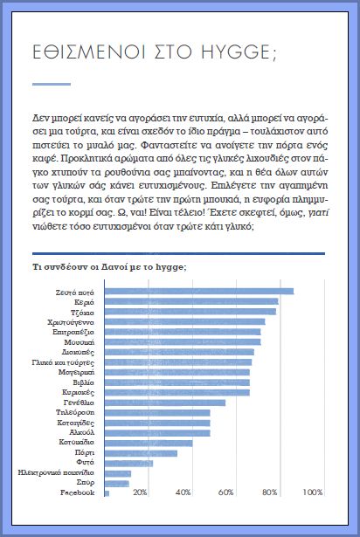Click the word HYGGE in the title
[236, 52]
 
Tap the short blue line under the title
[52, 84]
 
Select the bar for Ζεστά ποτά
[199, 292]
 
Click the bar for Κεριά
[191, 301]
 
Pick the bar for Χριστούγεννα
[184, 321]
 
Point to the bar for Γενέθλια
[165, 403]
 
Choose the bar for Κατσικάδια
[149, 444]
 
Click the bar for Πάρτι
[141, 453]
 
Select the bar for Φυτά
[128, 464]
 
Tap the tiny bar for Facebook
[107, 493]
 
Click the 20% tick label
[140, 492]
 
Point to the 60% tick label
[225, 492]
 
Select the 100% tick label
[313, 492]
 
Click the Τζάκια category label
[82, 313]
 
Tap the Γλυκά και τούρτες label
[63, 362]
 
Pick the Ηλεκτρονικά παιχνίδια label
[56, 473]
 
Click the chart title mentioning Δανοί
[109, 267]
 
